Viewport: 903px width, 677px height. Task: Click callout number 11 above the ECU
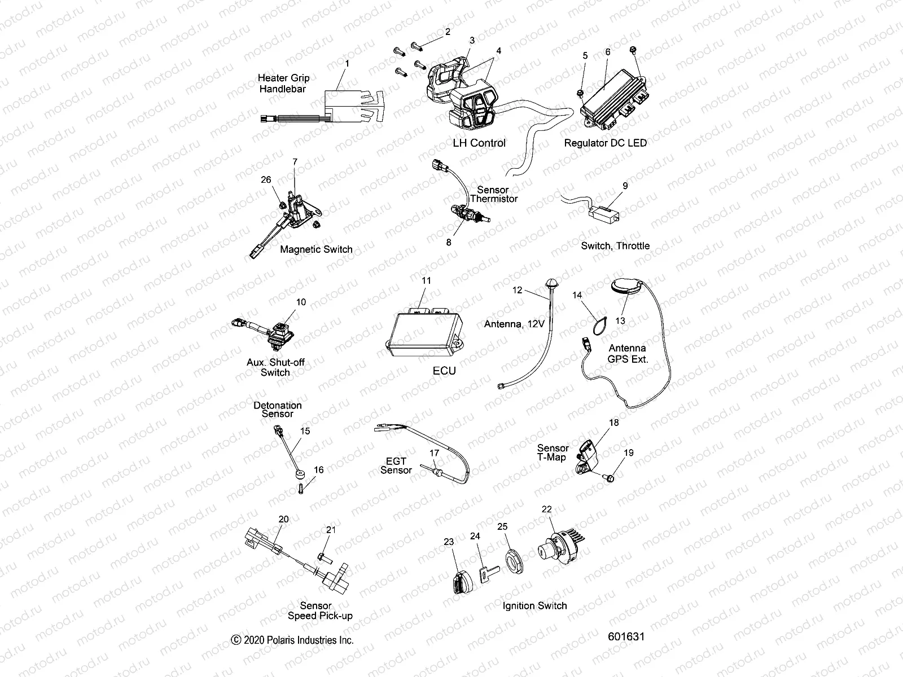coord(426,280)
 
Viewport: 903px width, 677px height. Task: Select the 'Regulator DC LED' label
coord(605,143)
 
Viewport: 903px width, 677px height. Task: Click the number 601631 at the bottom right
coord(626,636)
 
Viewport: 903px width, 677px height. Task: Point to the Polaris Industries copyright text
coord(292,640)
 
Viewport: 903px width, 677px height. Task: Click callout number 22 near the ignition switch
coord(546,509)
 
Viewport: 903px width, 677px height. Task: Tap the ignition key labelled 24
coord(486,572)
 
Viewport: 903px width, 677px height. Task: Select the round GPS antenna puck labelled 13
coord(626,286)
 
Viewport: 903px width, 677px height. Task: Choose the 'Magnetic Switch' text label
coord(316,249)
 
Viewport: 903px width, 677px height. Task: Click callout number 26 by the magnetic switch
coord(266,180)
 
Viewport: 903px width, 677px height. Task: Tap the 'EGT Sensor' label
coord(396,465)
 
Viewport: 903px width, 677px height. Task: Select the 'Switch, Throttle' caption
coord(615,246)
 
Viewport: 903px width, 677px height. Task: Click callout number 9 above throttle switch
coord(625,186)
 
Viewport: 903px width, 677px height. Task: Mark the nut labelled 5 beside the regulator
coord(581,93)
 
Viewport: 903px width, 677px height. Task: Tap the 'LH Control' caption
coord(479,143)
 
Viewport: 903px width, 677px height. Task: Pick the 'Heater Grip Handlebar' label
coord(283,83)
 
